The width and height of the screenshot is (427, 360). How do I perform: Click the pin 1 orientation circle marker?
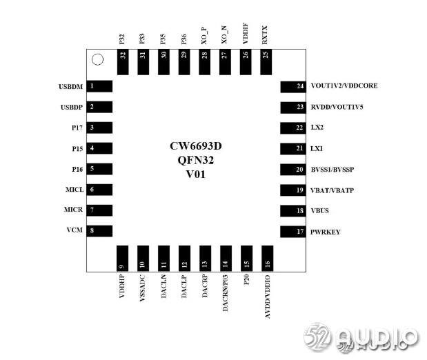click(98, 60)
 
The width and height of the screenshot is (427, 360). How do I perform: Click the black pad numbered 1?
click(101, 86)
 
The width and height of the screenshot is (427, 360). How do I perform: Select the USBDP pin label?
click(72, 107)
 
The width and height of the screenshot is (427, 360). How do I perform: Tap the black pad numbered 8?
click(101, 231)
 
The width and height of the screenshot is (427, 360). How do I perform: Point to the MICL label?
click(74, 190)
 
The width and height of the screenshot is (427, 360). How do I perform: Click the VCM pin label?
click(76, 231)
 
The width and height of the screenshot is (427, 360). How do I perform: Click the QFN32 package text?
click(195, 161)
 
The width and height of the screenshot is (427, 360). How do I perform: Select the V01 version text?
click(195, 174)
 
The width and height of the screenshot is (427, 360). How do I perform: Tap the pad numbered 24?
click(292, 86)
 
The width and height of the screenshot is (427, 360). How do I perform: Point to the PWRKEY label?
click(329, 232)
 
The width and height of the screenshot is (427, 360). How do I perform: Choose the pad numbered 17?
click(292, 232)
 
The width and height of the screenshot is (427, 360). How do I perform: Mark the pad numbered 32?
click(123, 62)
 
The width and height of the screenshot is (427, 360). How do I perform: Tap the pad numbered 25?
click(266, 62)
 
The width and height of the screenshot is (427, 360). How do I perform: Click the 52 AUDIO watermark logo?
click(361, 337)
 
